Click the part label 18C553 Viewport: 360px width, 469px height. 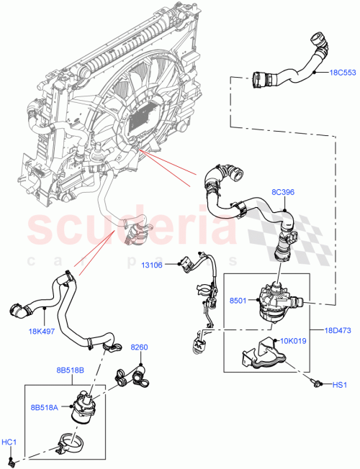click(x=341, y=73)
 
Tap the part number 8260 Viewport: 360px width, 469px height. click(x=139, y=348)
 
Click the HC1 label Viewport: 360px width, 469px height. click(x=9, y=441)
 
